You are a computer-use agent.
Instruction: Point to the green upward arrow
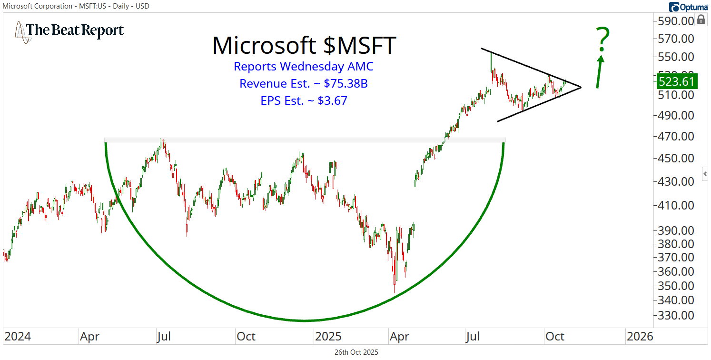point(600,71)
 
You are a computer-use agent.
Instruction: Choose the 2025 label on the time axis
point(328,337)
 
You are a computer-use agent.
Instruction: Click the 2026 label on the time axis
point(640,337)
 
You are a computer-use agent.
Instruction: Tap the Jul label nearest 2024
point(164,337)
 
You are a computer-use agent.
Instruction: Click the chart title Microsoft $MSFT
point(304,46)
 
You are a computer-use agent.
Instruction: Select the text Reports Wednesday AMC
point(304,66)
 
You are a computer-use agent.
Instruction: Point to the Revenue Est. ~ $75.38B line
point(304,83)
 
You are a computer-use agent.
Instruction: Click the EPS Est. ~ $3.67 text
point(304,100)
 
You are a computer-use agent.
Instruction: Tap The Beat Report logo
point(69,30)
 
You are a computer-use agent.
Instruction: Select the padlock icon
point(701,20)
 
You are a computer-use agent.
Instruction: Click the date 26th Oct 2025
point(356,353)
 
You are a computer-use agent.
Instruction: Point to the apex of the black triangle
point(581,87)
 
